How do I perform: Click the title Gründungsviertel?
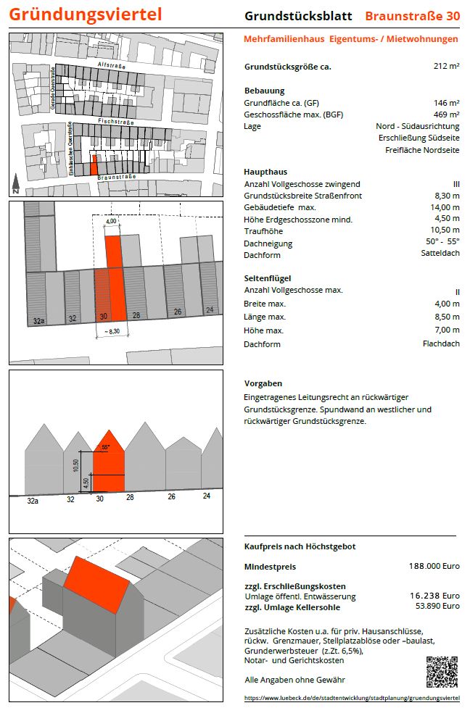point(86,14)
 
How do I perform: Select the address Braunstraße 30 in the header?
point(412,15)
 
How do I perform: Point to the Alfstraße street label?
point(111,66)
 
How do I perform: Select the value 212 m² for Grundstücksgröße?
point(446,67)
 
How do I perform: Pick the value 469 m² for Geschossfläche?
point(446,114)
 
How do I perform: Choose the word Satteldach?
point(440,254)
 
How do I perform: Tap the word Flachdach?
point(441,343)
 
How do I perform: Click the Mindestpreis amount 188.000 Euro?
point(434,566)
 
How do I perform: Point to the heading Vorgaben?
point(263,383)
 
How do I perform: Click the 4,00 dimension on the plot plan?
point(111,222)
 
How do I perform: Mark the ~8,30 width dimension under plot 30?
point(112,331)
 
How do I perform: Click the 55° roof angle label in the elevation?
point(106,447)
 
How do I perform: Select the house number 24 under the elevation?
point(207,496)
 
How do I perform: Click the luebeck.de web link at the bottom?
point(352,697)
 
